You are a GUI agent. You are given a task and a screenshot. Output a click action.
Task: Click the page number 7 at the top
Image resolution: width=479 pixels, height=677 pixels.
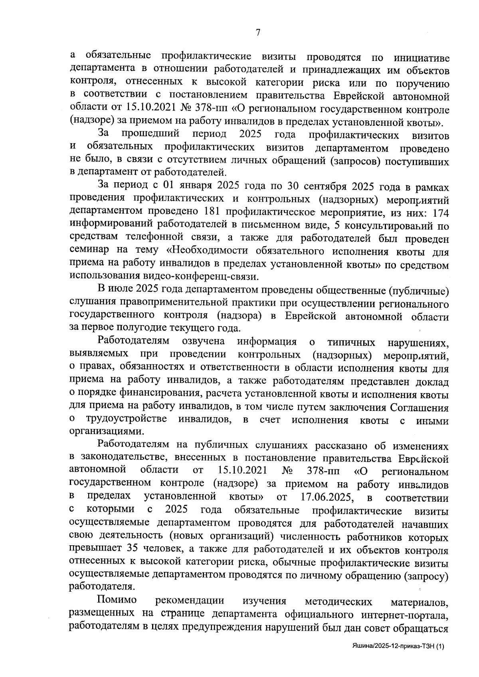258,33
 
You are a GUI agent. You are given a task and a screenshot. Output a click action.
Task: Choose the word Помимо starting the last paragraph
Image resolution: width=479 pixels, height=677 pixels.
117,601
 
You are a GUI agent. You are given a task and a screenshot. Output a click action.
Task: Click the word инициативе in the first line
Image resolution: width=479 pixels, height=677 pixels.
421,58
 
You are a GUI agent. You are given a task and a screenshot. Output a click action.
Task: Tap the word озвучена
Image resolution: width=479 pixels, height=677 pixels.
203,342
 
